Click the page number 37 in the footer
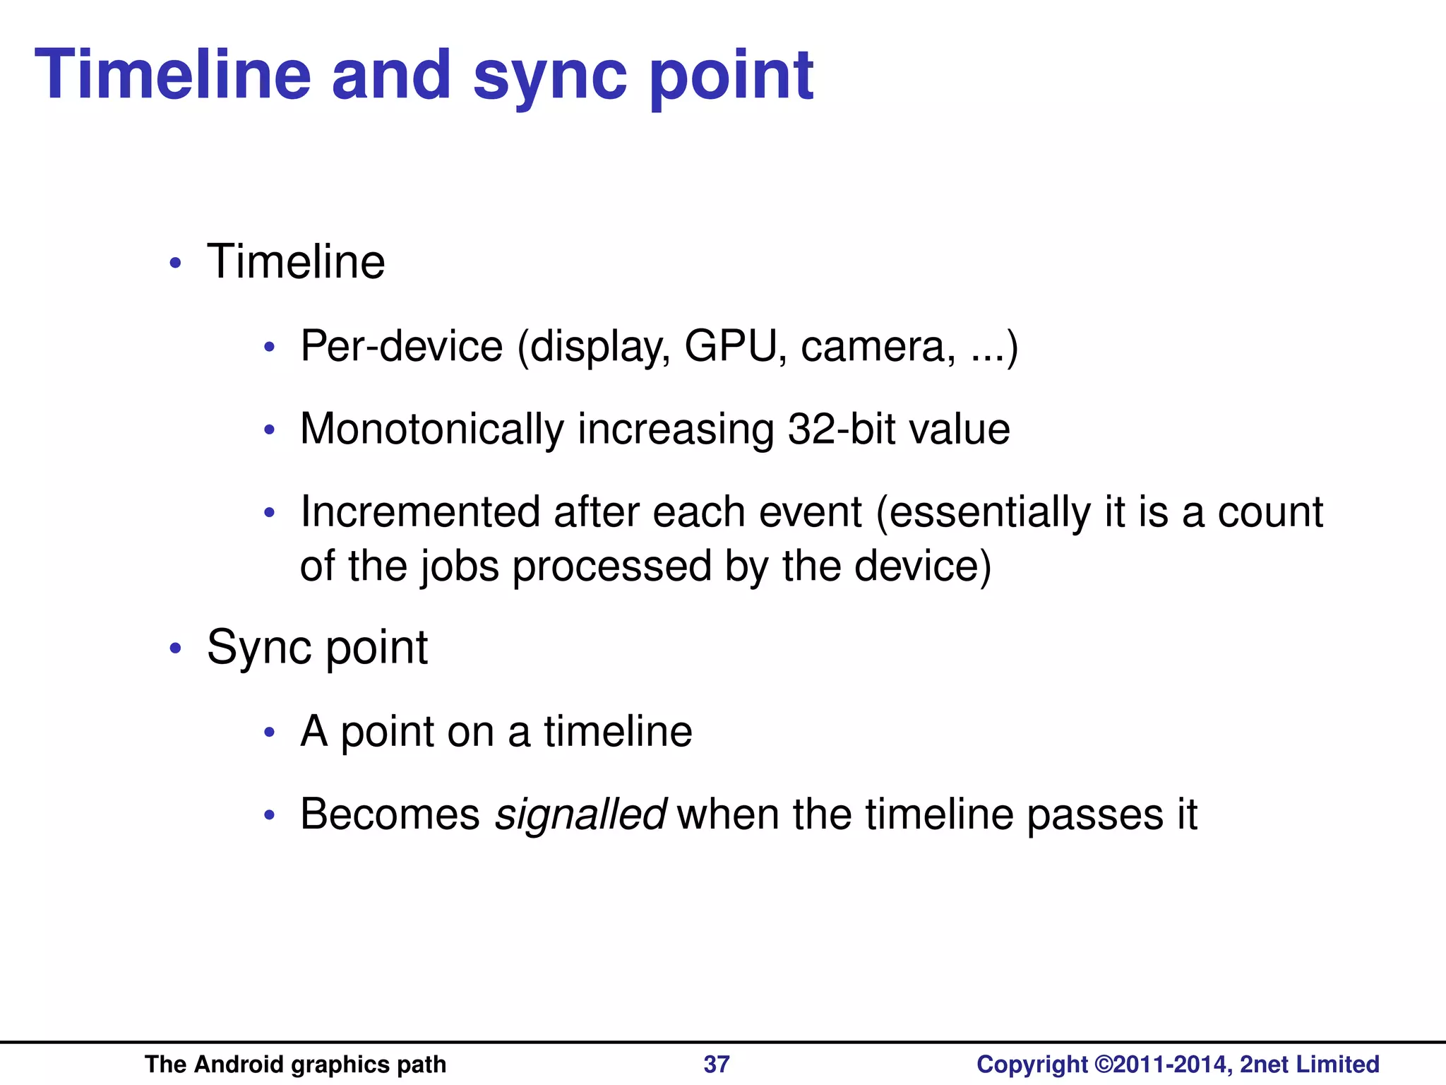717,1064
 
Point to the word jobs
460,567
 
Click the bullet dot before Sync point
176,648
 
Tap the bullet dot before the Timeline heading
176,263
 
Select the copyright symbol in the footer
1104,1064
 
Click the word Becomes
390,814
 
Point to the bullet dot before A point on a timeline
269,733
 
